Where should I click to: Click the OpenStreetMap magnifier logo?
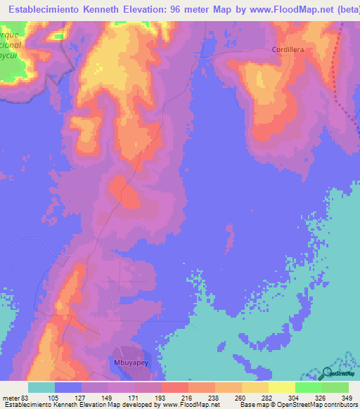(327, 373)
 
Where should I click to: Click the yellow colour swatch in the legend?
(281, 387)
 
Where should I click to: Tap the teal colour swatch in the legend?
(41, 387)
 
